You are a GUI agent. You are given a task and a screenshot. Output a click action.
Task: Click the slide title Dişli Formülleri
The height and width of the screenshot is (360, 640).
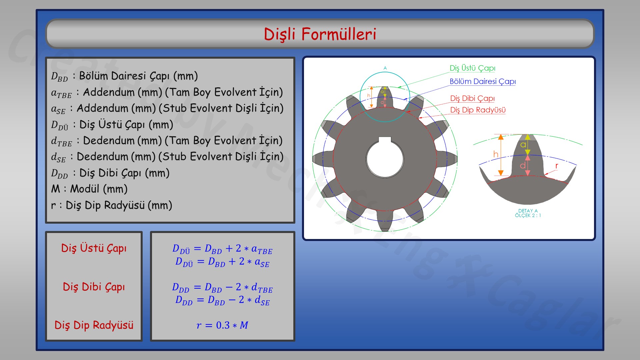(320, 34)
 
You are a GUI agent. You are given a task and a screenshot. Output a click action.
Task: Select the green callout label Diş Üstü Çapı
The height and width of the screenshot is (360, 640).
(472, 68)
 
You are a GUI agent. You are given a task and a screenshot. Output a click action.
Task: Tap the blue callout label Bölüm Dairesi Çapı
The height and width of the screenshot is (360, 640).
(482, 81)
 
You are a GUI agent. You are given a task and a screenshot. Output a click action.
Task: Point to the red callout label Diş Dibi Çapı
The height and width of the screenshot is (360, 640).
(472, 98)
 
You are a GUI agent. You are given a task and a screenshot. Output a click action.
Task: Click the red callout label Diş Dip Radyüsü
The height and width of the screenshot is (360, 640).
(478, 110)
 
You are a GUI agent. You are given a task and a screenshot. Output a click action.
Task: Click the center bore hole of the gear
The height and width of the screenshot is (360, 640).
(385, 160)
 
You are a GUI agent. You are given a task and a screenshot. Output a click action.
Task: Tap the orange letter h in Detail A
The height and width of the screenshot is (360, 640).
(496, 154)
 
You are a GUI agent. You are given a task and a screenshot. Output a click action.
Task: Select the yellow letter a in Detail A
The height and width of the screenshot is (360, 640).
(523, 145)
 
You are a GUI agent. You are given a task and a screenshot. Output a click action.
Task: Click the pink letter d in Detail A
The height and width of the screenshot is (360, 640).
(523, 165)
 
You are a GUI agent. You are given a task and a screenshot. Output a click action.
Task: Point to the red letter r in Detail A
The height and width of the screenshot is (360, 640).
(556, 166)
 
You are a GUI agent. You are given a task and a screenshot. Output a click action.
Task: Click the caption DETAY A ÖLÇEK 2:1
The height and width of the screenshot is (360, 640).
(528, 213)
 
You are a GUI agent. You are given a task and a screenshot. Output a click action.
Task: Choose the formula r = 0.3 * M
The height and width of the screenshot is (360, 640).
(222, 325)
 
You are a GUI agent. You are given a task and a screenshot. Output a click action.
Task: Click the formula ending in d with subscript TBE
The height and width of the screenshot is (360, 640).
(222, 287)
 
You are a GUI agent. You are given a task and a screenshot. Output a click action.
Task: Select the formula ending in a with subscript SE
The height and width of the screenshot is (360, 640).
(222, 262)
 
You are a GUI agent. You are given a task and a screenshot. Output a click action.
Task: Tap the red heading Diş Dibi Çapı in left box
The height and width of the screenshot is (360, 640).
(94, 287)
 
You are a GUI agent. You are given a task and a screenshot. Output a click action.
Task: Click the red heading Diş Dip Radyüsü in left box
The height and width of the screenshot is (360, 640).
(94, 325)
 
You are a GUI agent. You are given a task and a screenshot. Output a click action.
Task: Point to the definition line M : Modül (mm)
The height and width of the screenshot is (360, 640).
(89, 189)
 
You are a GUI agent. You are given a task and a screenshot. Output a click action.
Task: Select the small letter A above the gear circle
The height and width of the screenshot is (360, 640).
(385, 68)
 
